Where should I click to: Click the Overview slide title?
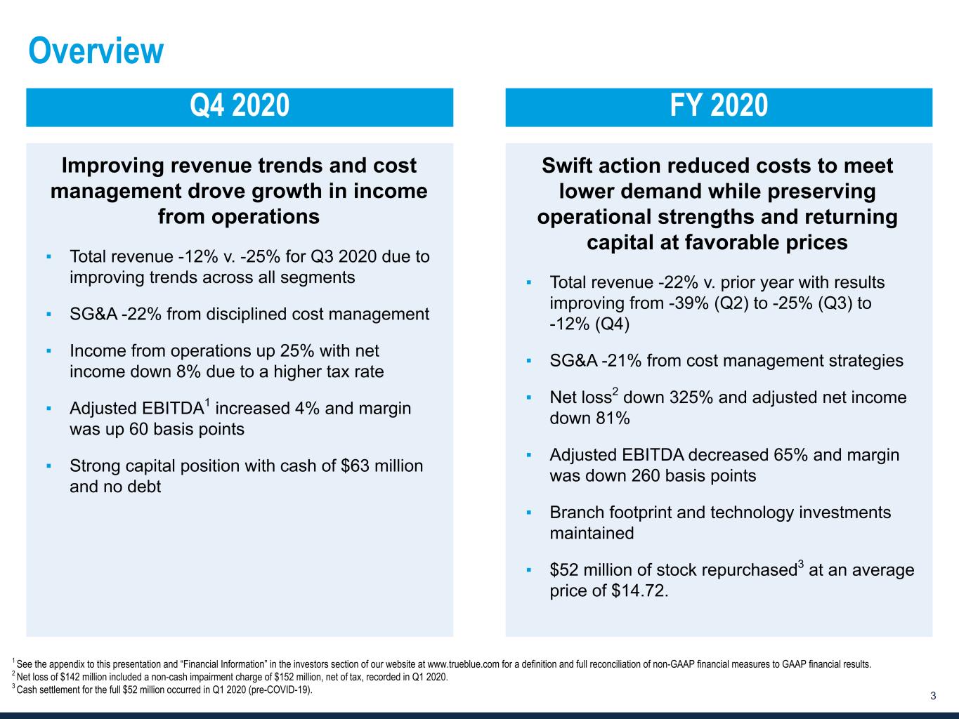(x=96, y=51)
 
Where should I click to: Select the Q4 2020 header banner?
(x=240, y=107)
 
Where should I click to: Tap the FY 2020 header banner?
(x=719, y=107)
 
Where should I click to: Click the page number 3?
(x=933, y=697)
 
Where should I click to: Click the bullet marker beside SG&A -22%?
(x=49, y=314)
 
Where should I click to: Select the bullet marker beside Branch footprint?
(x=529, y=513)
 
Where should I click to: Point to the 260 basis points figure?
(x=637, y=476)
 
